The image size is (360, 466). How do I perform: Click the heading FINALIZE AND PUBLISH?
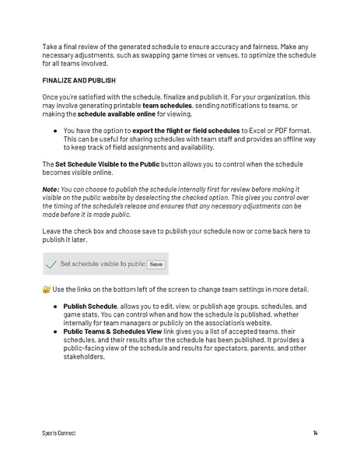(79, 80)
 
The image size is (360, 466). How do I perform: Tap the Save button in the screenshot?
(156, 265)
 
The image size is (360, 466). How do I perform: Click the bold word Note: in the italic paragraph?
(52, 189)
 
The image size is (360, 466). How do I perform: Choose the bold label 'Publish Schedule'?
(89, 307)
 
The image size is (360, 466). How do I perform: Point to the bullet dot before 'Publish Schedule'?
(56, 307)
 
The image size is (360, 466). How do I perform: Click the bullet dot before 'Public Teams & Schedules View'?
(56, 331)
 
